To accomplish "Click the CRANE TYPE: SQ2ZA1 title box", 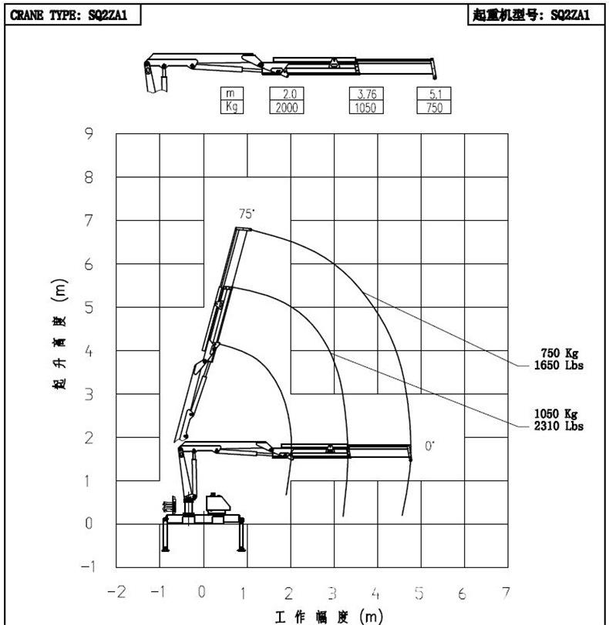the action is [x=72, y=15].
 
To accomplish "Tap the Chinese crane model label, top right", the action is [x=536, y=15].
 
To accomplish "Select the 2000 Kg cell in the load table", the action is [x=287, y=107].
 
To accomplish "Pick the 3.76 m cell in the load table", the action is [x=366, y=94].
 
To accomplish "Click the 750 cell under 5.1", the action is [x=434, y=107].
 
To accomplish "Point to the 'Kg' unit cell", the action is [x=232, y=107].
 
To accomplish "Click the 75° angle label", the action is [x=247, y=214].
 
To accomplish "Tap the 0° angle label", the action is [x=429, y=446].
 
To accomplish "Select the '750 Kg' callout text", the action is [x=559, y=353].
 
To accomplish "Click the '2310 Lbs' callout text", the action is [x=559, y=426].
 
